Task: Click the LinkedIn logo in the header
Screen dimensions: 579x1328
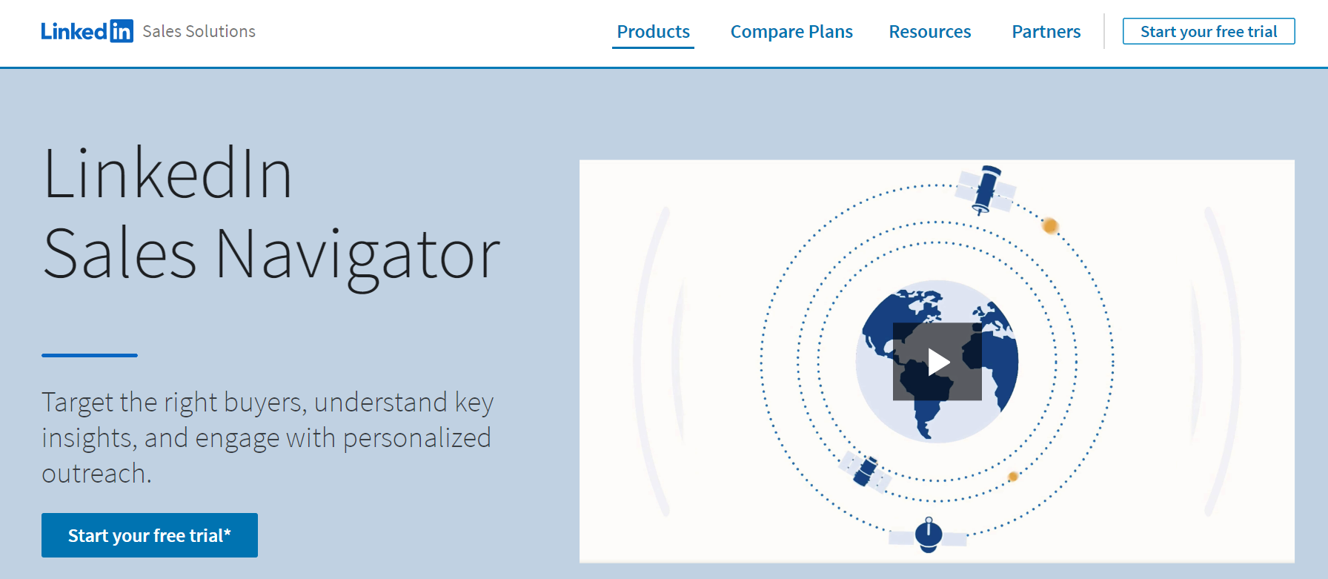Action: pyautogui.click(x=87, y=31)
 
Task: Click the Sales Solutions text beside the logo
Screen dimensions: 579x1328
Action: pyautogui.click(x=199, y=31)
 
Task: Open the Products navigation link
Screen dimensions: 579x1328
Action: pyautogui.click(x=653, y=32)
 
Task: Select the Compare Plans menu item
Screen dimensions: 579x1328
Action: pyautogui.click(x=791, y=32)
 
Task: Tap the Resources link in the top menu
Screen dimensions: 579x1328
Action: pyautogui.click(x=929, y=32)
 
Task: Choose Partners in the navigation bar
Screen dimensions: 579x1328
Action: pyautogui.click(x=1046, y=32)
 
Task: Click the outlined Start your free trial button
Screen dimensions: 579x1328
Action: pyautogui.click(x=1208, y=31)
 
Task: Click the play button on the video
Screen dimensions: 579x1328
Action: pyautogui.click(x=937, y=362)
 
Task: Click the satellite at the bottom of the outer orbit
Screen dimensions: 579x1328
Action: pyautogui.click(x=929, y=535)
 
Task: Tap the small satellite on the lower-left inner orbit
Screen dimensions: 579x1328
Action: pyautogui.click(x=865, y=472)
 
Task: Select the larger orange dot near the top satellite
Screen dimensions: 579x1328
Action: pyautogui.click(x=1049, y=225)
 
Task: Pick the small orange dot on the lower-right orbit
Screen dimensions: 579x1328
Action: pyautogui.click(x=1013, y=477)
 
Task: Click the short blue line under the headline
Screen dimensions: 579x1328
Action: pyautogui.click(x=89, y=355)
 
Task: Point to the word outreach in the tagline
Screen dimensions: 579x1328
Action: pyautogui.click(x=96, y=473)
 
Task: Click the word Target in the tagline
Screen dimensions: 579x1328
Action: pyautogui.click(x=77, y=403)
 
